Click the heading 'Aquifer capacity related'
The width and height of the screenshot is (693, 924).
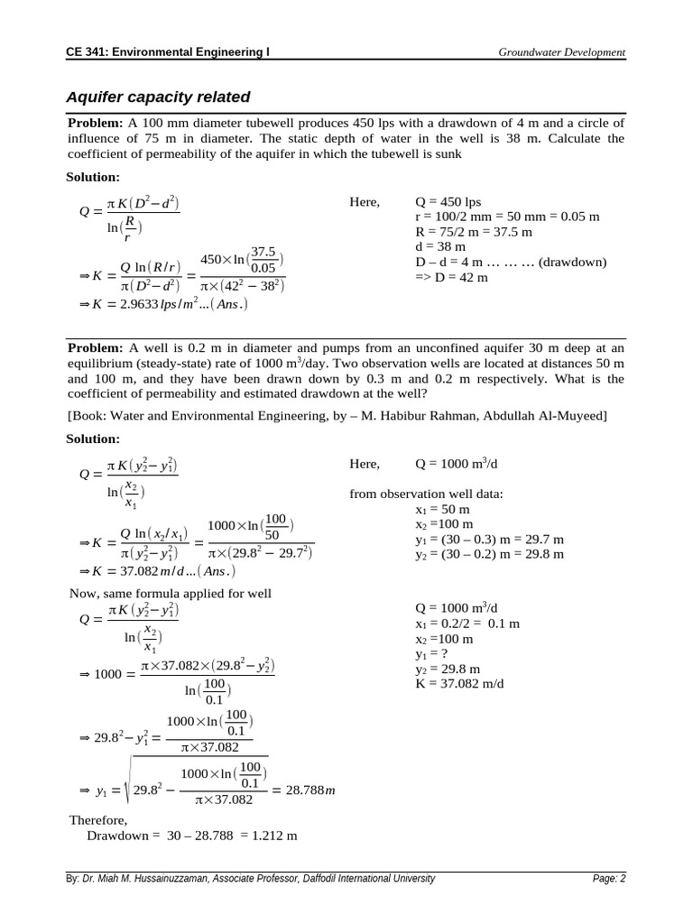pyautogui.click(x=158, y=97)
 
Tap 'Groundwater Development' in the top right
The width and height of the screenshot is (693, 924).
pyautogui.click(x=561, y=52)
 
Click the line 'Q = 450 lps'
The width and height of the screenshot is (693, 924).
pyautogui.click(x=448, y=202)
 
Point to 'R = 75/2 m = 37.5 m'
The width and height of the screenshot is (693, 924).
pyautogui.click(x=473, y=232)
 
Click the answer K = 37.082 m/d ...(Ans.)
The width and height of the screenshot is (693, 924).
pyautogui.click(x=162, y=571)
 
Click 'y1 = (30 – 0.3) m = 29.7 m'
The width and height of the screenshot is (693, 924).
pyautogui.click(x=490, y=540)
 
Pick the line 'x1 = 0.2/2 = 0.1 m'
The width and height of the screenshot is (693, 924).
pyautogui.click(x=467, y=624)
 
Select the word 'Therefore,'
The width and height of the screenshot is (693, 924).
pyautogui.click(x=98, y=820)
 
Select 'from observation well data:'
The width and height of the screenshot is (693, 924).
pyautogui.click(x=426, y=494)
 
